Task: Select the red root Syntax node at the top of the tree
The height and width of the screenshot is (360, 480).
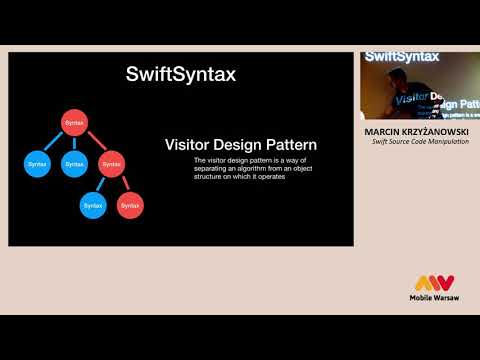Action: pos(75,123)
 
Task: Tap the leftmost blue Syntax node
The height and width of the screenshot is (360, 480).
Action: pos(37,163)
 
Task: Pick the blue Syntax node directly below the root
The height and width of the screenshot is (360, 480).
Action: pos(75,163)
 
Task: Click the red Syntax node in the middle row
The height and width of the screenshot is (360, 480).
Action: pos(111,163)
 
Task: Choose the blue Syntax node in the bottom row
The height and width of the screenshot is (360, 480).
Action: pos(93,205)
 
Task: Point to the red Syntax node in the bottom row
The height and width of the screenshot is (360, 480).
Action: pos(129,205)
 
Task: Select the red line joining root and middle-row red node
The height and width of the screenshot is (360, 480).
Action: pos(93,143)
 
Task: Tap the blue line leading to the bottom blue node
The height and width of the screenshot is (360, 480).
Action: pos(102,184)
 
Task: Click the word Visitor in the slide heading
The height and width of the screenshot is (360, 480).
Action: pos(188,146)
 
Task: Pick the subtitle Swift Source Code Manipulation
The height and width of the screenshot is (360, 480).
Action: pos(419,142)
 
